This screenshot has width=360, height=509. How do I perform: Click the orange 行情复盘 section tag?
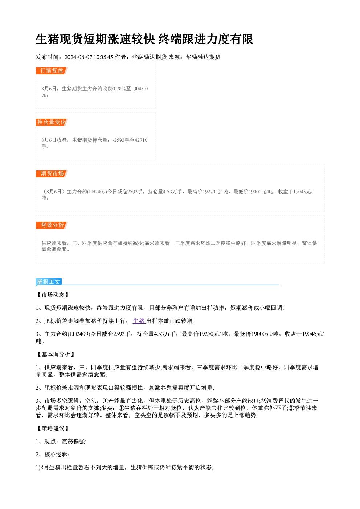(52, 71)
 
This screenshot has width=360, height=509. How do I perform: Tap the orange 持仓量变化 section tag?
(52, 122)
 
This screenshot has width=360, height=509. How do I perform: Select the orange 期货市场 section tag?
(52, 174)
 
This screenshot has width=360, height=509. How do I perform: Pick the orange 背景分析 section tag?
(52, 225)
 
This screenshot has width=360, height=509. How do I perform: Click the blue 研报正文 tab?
(49, 282)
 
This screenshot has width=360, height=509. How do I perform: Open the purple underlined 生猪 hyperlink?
(139, 321)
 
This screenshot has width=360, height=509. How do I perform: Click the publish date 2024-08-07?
(78, 57)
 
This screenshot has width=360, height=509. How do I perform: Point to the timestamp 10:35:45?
(103, 57)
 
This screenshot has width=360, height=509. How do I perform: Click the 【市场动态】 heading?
(53, 295)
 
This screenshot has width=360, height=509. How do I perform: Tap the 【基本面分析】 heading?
(56, 354)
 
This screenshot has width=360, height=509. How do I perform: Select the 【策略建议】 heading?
(53, 428)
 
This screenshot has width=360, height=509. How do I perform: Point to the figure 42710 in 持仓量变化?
(141, 140)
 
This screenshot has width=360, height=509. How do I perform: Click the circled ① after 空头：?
(105, 401)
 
